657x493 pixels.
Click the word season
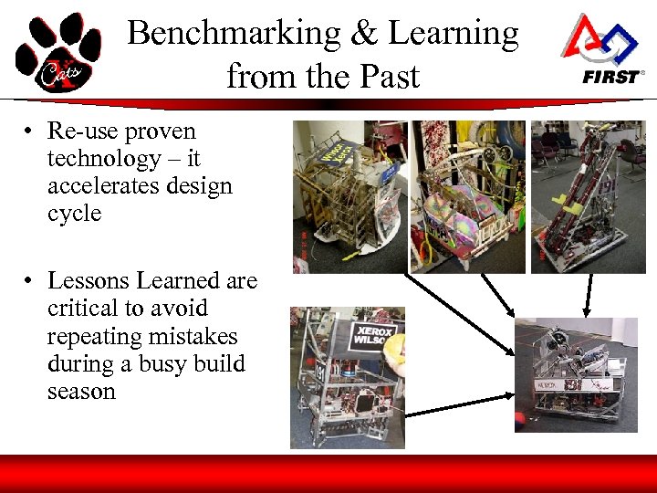click(x=81, y=392)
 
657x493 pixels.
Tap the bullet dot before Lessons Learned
click(x=30, y=281)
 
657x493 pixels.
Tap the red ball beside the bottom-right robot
click(x=520, y=421)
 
